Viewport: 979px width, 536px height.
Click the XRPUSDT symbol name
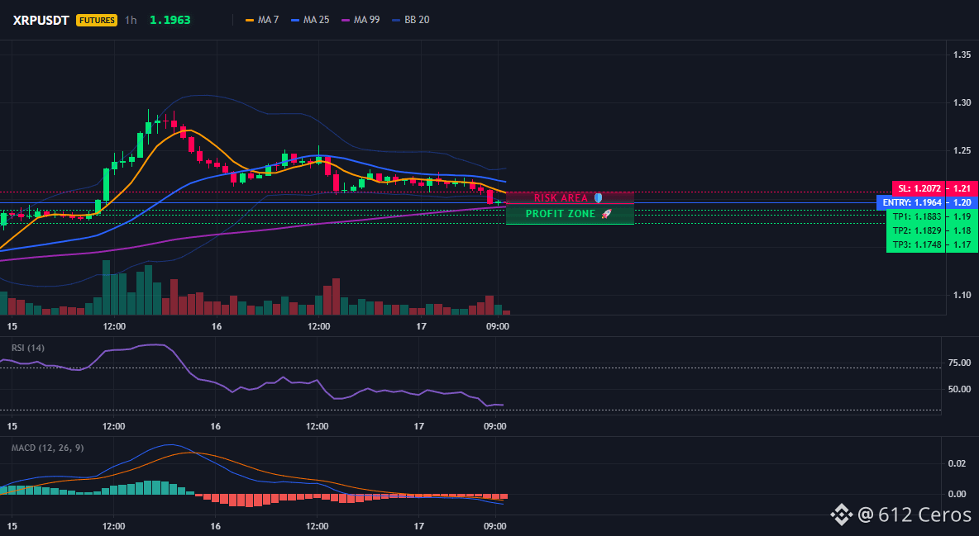pos(41,20)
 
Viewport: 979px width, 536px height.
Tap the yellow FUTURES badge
pos(96,20)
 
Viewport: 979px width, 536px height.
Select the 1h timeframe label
pos(131,20)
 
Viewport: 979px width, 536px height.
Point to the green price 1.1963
pos(170,20)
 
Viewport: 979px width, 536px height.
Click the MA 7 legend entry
pos(262,20)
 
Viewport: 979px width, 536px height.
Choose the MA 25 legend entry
pos(310,20)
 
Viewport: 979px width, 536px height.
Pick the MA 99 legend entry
pos(361,20)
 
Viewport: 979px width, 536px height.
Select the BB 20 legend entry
pos(411,20)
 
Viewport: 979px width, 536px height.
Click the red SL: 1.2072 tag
pos(919,188)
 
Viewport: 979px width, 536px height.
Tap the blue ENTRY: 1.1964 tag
pos(911,203)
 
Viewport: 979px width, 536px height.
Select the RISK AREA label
pos(561,198)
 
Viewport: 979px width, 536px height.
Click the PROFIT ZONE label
pos(561,214)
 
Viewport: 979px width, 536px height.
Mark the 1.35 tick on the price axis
pos(962,55)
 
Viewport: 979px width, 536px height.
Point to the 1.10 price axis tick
pos(962,295)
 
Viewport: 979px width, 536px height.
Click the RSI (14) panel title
pos(28,349)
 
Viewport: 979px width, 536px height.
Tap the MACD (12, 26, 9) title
pos(47,448)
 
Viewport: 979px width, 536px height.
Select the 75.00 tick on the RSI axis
pos(959,363)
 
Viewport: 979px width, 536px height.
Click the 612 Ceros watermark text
pos(924,515)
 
